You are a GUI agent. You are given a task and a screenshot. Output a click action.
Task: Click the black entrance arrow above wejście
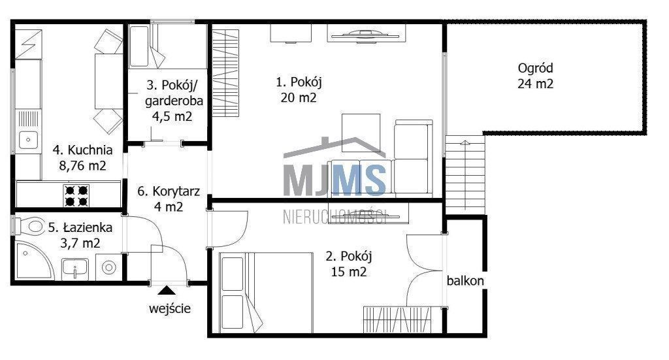[x=167, y=291]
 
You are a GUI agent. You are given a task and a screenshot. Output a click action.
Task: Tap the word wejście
[x=170, y=308]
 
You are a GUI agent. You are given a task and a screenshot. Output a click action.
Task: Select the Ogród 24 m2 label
[x=536, y=76]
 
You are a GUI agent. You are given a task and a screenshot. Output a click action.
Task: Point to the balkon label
[x=465, y=281]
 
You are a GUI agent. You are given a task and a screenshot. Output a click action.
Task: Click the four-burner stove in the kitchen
[x=76, y=195]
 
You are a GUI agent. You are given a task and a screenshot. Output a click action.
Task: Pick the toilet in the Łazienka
[x=30, y=225]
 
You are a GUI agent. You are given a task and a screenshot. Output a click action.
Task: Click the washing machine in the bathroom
[x=109, y=267]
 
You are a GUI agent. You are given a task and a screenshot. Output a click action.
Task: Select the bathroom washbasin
[x=75, y=269]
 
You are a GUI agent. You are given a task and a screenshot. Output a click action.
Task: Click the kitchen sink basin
[x=28, y=139]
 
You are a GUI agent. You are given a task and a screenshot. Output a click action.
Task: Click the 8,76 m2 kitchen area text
[x=82, y=165]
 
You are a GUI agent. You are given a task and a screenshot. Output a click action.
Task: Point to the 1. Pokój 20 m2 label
[x=299, y=90]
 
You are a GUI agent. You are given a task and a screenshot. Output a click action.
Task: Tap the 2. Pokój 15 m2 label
[x=349, y=264]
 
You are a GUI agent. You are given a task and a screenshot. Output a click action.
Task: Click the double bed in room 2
[x=267, y=293]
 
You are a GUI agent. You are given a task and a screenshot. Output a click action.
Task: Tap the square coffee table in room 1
[x=361, y=133]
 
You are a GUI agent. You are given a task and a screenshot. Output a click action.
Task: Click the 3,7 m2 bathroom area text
[x=80, y=243]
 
